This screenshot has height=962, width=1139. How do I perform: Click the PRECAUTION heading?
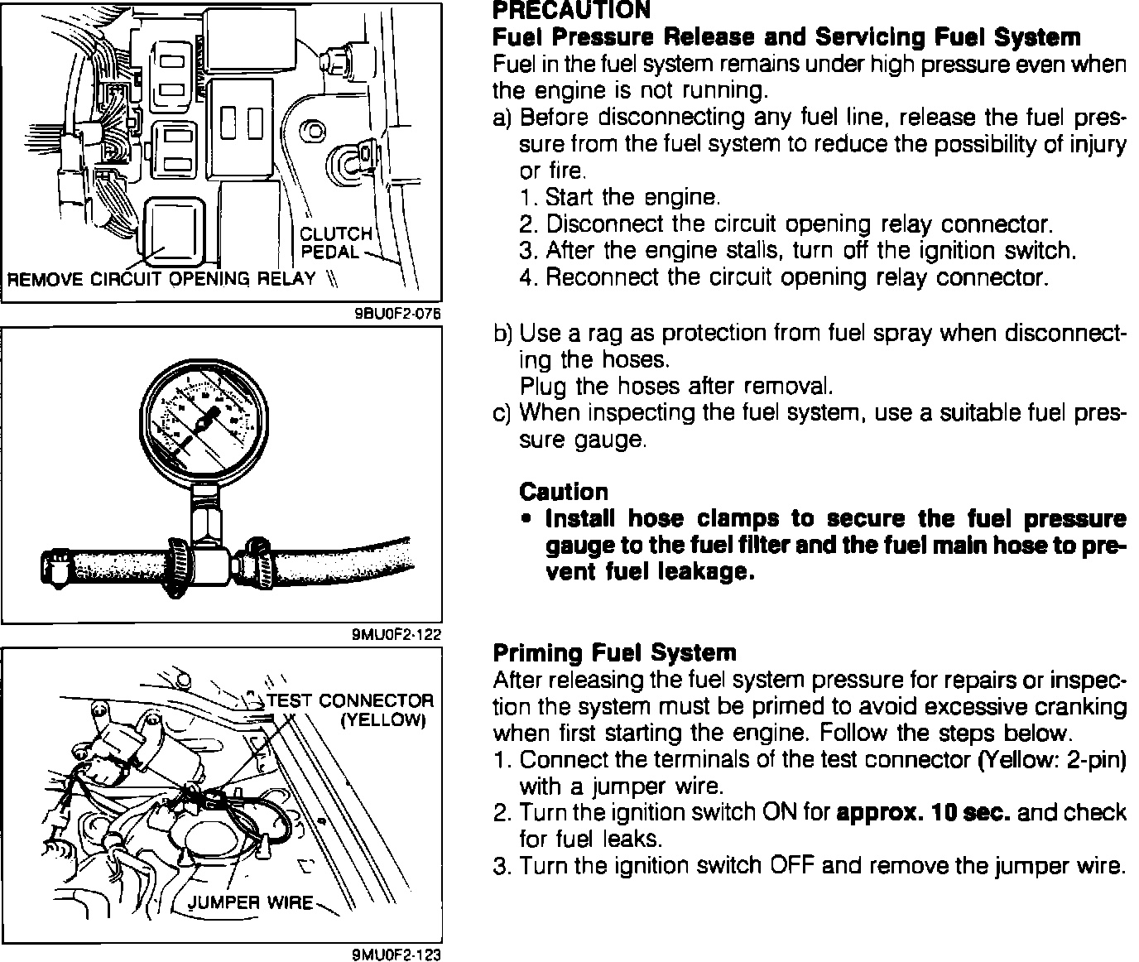click(x=571, y=11)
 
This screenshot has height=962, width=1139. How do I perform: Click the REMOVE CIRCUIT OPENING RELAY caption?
click(x=161, y=277)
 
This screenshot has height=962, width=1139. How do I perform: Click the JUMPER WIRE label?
click(x=252, y=902)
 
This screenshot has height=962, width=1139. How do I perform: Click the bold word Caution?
click(x=564, y=492)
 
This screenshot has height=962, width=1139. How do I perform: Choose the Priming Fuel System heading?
click(x=614, y=652)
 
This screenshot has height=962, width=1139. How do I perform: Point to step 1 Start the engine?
click(x=621, y=197)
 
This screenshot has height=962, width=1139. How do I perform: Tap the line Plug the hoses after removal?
click(x=675, y=387)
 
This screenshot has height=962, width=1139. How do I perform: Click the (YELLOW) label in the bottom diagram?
click(x=383, y=719)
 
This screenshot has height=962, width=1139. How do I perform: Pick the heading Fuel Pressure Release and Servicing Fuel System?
click(x=786, y=37)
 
